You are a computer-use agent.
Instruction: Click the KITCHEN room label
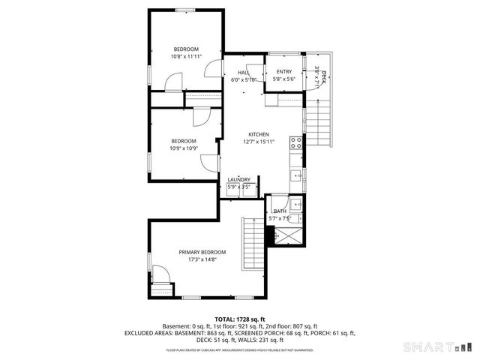tap(259, 134)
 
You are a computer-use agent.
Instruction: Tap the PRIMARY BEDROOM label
tap(202, 252)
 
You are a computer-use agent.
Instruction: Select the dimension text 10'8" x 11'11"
tap(185, 57)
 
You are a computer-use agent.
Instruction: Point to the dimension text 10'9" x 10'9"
tap(184, 148)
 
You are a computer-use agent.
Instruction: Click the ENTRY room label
tap(284, 72)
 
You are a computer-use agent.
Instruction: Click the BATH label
tap(280, 212)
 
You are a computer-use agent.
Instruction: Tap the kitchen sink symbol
tap(297, 177)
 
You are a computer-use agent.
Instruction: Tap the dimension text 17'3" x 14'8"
tap(202, 260)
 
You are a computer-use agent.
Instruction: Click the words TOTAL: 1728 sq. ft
tap(240, 319)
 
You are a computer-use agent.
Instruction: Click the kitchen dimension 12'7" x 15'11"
tap(259, 142)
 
